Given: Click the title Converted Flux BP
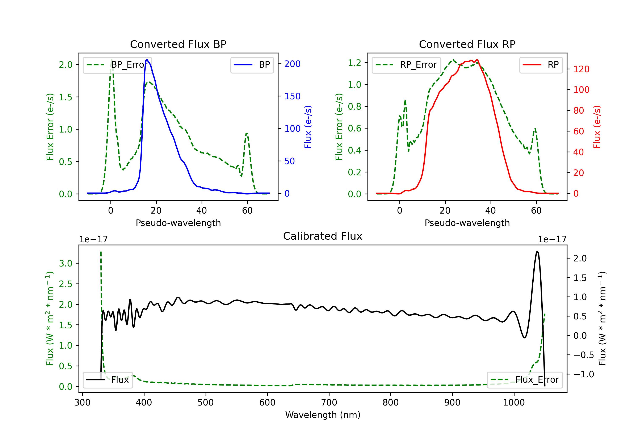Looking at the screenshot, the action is click(x=178, y=44).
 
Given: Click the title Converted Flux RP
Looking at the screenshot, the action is click(x=467, y=44).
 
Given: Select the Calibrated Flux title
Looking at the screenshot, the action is click(x=323, y=236).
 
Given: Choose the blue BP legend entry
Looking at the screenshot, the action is click(x=252, y=65).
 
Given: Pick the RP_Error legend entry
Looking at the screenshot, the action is click(x=406, y=65).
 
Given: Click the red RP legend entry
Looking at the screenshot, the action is click(x=541, y=65).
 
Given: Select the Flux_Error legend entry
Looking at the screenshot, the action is click(x=525, y=380).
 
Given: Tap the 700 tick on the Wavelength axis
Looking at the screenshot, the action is click(x=329, y=403).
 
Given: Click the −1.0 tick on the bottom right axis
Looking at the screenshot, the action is click(x=583, y=374).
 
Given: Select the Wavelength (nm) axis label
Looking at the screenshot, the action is click(x=323, y=415).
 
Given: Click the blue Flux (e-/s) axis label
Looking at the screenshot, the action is click(x=308, y=127).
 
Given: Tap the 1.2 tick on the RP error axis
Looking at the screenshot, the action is click(x=354, y=63).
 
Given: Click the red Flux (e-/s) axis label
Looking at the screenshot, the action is click(x=597, y=127).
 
